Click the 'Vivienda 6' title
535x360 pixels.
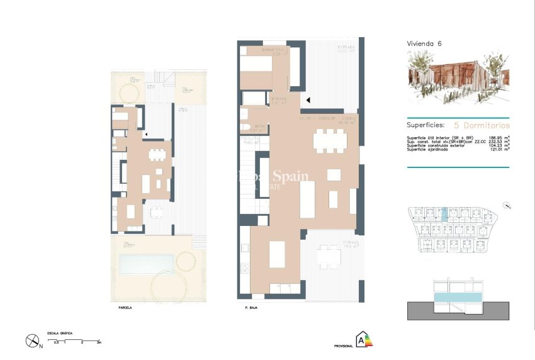pos(424,43)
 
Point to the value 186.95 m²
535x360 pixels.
pos(498,137)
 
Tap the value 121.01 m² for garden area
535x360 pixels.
pos(498,149)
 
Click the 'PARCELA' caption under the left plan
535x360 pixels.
pos(126,308)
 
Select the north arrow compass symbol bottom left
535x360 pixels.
pos(32,340)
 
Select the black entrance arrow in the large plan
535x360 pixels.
pos(308,99)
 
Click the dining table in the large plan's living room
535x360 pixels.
pos(330,140)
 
